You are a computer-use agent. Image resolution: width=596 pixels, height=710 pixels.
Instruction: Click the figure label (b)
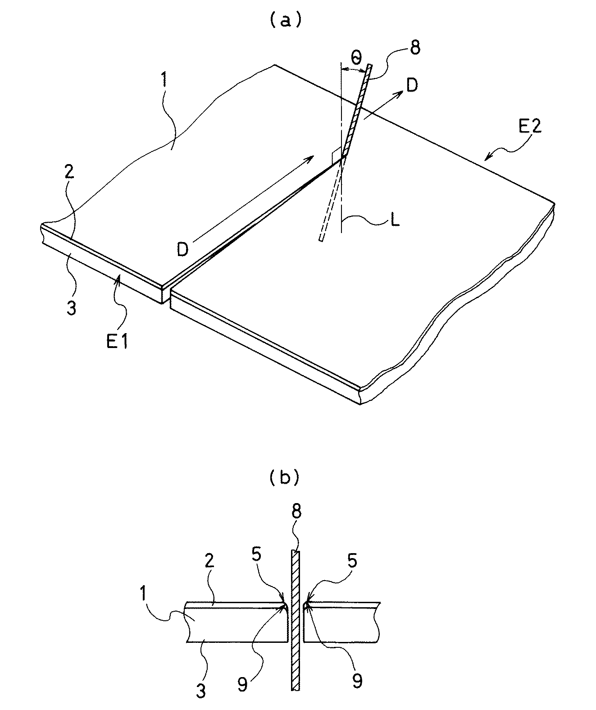pyautogui.click(x=284, y=477)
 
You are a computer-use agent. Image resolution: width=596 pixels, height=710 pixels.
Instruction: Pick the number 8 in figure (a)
pyautogui.click(x=414, y=47)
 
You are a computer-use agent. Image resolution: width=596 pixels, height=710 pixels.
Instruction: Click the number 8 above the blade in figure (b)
pyautogui.click(x=296, y=512)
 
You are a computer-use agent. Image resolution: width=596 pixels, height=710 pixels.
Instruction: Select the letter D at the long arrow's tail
pyautogui.click(x=182, y=248)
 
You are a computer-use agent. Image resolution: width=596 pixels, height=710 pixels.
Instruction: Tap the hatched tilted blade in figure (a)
pyautogui.click(x=356, y=110)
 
